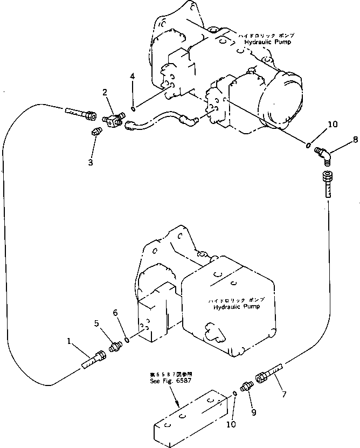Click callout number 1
coord(70,341)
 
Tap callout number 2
coord(106,93)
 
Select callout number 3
coord(90,162)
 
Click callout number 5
coord(96,323)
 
